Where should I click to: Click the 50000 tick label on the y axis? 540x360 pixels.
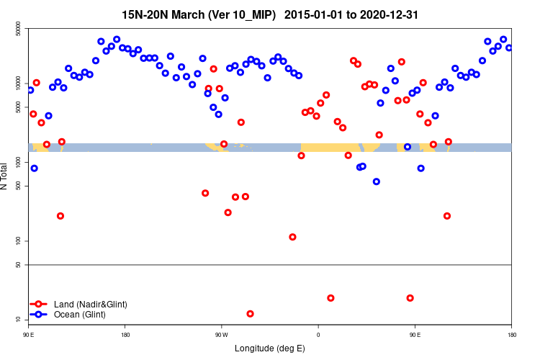[18, 29]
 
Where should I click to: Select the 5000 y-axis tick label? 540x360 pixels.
[18, 107]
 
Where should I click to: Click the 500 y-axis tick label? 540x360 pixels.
[18, 186]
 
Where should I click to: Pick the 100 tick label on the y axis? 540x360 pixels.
[18, 240]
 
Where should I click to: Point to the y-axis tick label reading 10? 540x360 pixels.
[18, 319]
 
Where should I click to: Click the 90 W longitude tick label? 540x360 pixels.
[221, 335]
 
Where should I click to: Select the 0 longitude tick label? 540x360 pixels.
[318, 335]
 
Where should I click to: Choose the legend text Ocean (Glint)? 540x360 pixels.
[84, 315]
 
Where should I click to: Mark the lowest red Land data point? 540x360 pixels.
[250, 314]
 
